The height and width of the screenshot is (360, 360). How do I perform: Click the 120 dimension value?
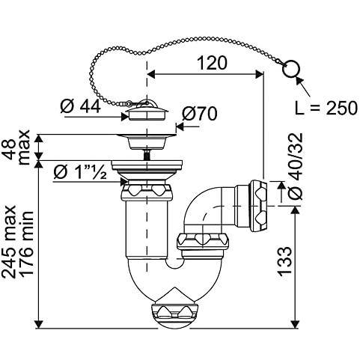[x=213, y=63]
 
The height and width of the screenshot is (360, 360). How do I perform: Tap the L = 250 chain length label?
[x=326, y=108]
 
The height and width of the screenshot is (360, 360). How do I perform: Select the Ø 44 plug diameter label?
[x=81, y=106]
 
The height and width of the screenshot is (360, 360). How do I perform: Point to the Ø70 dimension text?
[x=199, y=114]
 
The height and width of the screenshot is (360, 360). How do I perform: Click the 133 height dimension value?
[x=284, y=261]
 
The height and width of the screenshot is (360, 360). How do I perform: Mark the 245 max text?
[x=9, y=242]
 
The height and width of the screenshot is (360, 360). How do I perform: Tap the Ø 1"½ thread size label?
[x=80, y=172]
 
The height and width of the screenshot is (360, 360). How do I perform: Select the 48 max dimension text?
[x=18, y=147]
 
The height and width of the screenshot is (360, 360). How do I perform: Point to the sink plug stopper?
[x=147, y=111]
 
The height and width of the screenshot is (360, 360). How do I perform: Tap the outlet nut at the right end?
[x=260, y=207]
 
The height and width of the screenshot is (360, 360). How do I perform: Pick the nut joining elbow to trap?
[x=203, y=241]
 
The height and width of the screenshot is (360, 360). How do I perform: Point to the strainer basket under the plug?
[x=147, y=142]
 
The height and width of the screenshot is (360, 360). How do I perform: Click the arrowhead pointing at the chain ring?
[x=299, y=81]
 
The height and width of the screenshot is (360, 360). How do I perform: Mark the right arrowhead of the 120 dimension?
[x=259, y=74]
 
